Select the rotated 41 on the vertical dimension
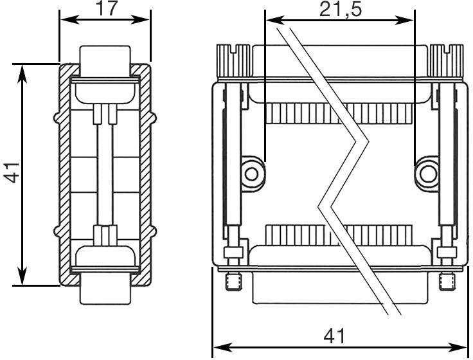click(x=12, y=173)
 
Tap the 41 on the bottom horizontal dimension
click(x=334, y=336)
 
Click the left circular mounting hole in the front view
click(x=252, y=172)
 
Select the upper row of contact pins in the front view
click(x=338, y=114)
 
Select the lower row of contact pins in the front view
click(x=338, y=233)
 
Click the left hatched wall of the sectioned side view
click(x=64, y=174)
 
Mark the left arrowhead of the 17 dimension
click(x=65, y=19)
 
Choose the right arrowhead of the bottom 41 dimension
click(x=463, y=348)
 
